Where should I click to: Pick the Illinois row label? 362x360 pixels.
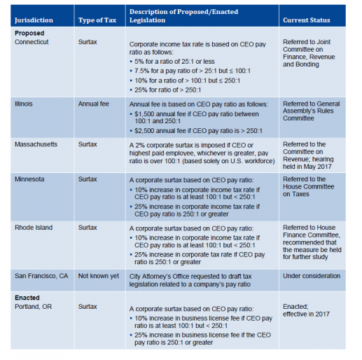[25, 103]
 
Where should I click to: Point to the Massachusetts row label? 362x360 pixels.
[39, 144]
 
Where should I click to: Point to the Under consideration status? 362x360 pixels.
[312, 276]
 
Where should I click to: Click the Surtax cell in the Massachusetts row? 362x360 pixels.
[88, 144]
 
